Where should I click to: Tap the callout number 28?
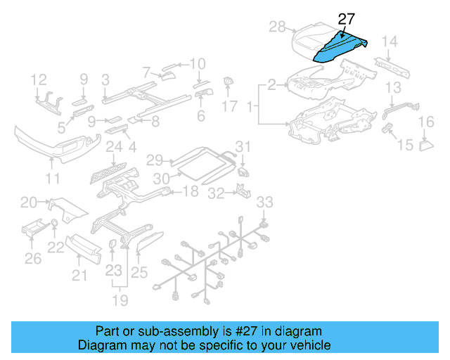pos(278,27)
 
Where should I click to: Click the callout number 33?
pos(263,202)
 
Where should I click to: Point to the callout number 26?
pos(33,259)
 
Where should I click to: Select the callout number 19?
pos(121,301)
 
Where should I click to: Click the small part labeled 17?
pos(229,84)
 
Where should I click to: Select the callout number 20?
pos(28,203)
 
